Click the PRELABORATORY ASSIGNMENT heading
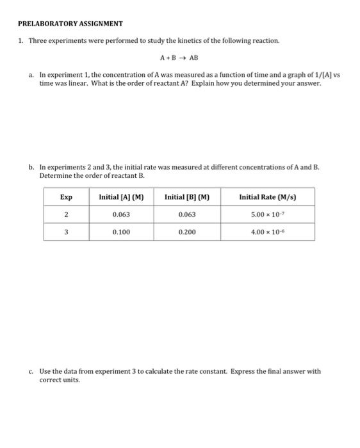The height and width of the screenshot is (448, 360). click(70, 24)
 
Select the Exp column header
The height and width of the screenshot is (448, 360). click(66, 196)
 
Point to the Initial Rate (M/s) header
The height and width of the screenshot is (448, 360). click(268, 196)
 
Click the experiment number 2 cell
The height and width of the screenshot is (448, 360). click(66, 214)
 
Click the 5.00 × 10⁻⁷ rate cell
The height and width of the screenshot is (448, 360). click(268, 214)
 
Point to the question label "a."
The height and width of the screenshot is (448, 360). click(31, 75)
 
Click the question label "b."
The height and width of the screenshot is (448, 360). click(31, 167)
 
